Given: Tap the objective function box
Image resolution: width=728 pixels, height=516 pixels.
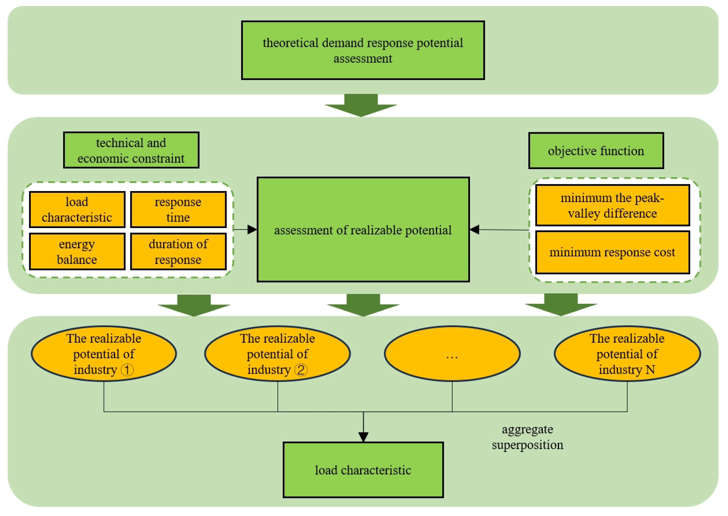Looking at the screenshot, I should tap(596, 151).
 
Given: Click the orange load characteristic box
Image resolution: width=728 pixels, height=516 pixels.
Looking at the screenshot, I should tap(77, 209).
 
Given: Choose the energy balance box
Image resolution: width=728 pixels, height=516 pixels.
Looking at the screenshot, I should tap(77, 251).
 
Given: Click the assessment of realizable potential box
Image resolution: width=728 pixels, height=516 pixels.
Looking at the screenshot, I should tap(363, 229).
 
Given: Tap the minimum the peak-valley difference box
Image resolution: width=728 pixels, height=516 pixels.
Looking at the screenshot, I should tap(612, 205).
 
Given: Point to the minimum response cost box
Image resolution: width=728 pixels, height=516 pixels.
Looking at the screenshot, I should tap(612, 252).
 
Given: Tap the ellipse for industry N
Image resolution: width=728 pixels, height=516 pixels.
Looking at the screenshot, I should tap(627, 354).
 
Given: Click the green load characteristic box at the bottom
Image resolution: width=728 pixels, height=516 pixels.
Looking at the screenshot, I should tap(363, 470).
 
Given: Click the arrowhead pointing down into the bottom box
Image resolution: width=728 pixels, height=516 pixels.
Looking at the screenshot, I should tap(363, 437).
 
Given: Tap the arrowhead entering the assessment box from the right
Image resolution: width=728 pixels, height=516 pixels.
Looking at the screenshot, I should tap(474, 229).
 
